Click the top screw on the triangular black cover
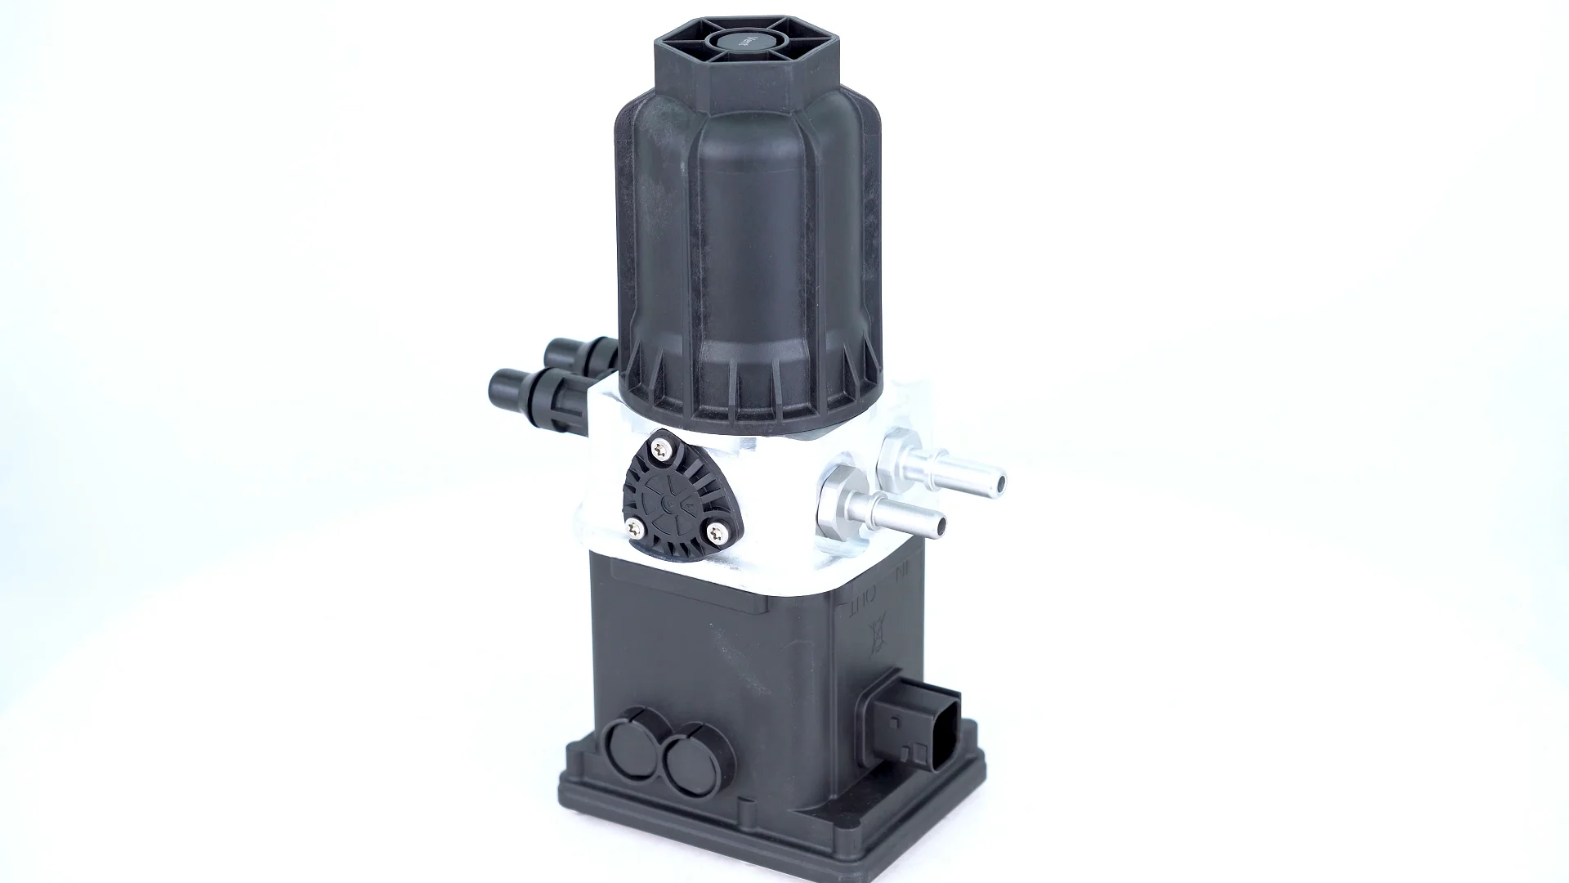pyautogui.click(x=659, y=446)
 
